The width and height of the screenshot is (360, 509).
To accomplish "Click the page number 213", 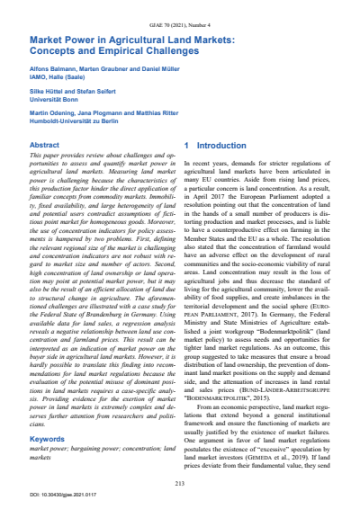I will pos(179,483).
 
